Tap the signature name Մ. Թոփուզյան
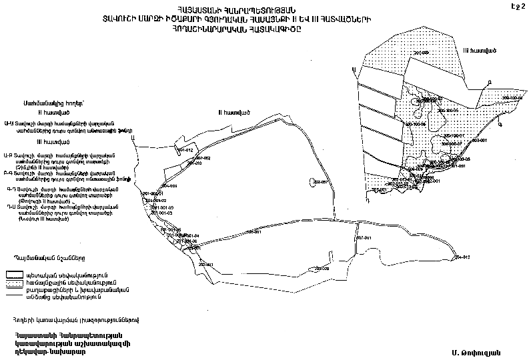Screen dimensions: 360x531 coord(474,351)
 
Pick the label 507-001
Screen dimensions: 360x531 coord(364,238)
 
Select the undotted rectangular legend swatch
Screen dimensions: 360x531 coord(14,274)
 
